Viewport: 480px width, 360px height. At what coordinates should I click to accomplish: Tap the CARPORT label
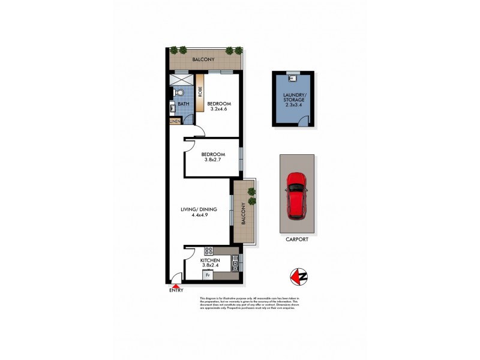(296, 239)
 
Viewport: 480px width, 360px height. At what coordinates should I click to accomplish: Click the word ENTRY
(175, 292)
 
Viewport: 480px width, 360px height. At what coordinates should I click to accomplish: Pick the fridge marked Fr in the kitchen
(208, 275)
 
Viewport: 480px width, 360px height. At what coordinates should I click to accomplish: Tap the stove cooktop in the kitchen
(209, 251)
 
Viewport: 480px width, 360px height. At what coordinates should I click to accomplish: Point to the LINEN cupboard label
(175, 122)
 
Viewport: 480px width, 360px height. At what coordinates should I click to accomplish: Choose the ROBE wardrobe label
(200, 92)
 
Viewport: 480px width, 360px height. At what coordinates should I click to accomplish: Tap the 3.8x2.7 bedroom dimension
(212, 161)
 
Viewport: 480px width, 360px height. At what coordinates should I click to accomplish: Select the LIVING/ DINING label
(199, 209)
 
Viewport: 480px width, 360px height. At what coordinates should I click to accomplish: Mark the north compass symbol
(295, 276)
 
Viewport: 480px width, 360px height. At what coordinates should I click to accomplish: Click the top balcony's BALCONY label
(203, 59)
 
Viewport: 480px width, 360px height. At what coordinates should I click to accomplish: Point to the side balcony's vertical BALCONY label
(243, 212)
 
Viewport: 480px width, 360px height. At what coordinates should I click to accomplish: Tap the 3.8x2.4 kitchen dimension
(211, 265)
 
